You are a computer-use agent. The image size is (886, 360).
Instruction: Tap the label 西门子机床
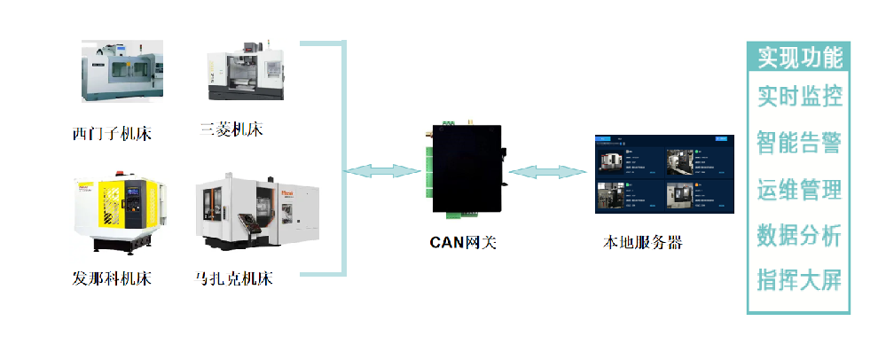(112, 135)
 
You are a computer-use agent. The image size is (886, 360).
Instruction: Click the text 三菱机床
(232, 130)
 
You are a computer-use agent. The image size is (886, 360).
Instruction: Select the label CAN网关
(462, 242)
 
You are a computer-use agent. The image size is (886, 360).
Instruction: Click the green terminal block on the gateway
(428, 176)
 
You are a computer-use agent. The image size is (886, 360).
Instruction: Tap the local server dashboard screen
(665, 175)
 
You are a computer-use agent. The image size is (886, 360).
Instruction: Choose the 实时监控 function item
(799, 96)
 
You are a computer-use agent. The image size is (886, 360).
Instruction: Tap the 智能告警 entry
(799, 142)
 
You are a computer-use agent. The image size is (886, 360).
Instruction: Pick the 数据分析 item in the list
(799, 235)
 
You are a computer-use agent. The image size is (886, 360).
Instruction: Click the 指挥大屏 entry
(799, 281)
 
